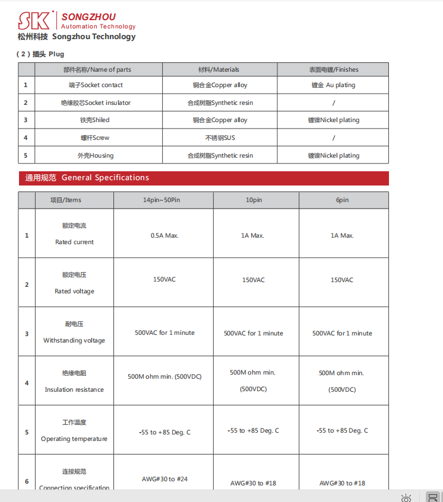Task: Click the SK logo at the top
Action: click(x=35, y=21)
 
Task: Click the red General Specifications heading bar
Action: click(x=203, y=178)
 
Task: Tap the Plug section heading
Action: click(x=40, y=54)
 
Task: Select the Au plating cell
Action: click(x=333, y=85)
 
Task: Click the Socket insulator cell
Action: click(x=96, y=103)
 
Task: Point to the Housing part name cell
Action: click(x=96, y=155)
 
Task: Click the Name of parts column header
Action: click(x=97, y=70)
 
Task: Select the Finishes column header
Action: click(x=333, y=70)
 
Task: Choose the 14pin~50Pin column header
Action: click(x=163, y=200)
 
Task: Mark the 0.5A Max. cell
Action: click(x=164, y=235)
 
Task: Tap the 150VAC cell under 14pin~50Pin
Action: click(x=164, y=279)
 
